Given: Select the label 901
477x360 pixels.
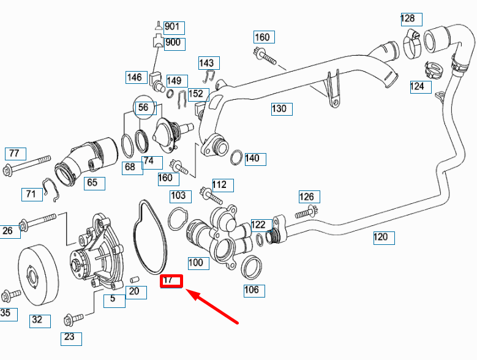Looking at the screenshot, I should point(171,27).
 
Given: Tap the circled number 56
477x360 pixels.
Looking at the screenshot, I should point(144,108).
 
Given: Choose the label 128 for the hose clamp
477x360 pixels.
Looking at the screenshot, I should point(408,18).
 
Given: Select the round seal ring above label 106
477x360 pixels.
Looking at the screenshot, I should point(252,268).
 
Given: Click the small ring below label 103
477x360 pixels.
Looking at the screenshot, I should point(178,218).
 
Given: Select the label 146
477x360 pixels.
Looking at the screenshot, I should point(135,77).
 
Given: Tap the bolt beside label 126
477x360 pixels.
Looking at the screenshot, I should point(304,213).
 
